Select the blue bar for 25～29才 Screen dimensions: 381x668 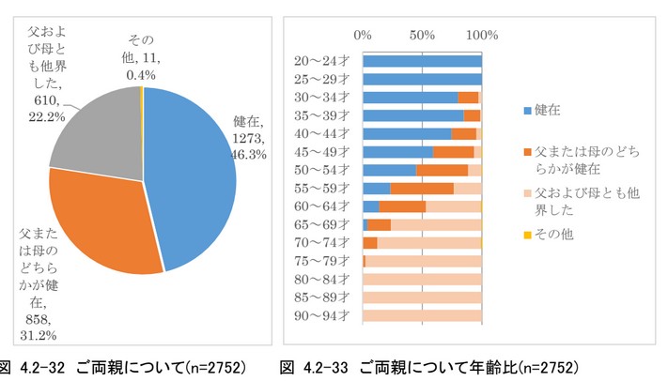coord(422,79)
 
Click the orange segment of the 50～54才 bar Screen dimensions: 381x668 coord(442,170)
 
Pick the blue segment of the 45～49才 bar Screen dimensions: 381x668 coord(397,152)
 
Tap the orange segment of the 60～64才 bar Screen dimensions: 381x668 coord(402,206)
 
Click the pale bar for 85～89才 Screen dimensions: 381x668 coord(422,297)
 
